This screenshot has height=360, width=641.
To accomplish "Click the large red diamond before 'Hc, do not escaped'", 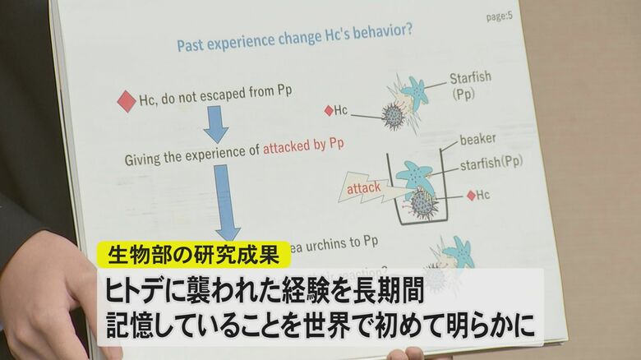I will tap(127, 101).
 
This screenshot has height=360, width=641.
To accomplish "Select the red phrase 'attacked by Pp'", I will tap(303, 145).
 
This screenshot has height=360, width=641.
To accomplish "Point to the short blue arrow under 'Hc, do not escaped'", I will tap(216, 124).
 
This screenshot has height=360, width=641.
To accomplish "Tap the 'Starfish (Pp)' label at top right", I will tap(470, 85).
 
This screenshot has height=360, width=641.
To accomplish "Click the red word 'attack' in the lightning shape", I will tap(362, 187).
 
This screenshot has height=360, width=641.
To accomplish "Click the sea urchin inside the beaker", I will tap(423, 202).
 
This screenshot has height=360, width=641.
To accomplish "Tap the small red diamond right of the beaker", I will tap(470, 195).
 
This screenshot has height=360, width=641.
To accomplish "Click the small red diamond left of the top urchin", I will tap(330, 110).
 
